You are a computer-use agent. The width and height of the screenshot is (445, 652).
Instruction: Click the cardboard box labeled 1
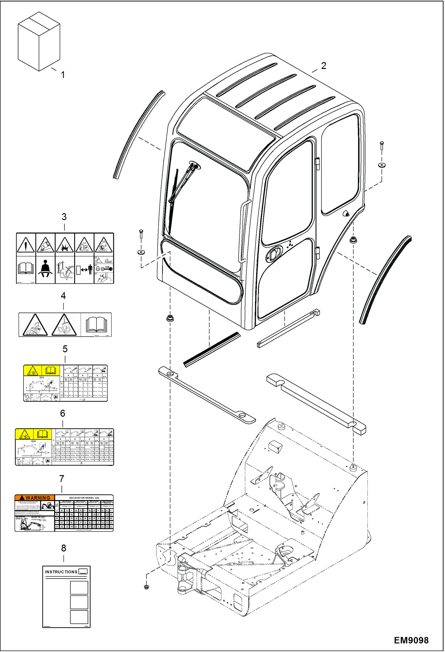pos(39,42)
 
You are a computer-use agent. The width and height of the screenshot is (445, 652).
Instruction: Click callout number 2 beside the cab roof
pos(324,66)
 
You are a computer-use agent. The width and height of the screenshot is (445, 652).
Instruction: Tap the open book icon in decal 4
pos(96,325)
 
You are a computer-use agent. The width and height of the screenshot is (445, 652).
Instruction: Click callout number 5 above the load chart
pos(65,349)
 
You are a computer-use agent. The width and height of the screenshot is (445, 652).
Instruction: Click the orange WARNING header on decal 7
pos(35,498)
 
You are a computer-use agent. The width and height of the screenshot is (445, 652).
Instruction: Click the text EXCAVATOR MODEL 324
pos(84,498)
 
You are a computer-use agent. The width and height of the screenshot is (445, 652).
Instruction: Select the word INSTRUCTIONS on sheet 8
pos(61,572)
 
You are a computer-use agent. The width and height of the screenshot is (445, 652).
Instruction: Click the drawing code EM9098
pos(411,640)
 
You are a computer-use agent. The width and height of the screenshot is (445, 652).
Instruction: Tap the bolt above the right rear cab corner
pos(382,145)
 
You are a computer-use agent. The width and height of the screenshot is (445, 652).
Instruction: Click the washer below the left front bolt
pos(141,252)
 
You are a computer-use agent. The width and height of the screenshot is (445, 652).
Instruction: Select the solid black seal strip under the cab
pos(212,349)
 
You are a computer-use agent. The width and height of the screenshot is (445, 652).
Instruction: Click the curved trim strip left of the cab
pos(138,135)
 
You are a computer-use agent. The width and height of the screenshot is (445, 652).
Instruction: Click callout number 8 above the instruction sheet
pos(64,548)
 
